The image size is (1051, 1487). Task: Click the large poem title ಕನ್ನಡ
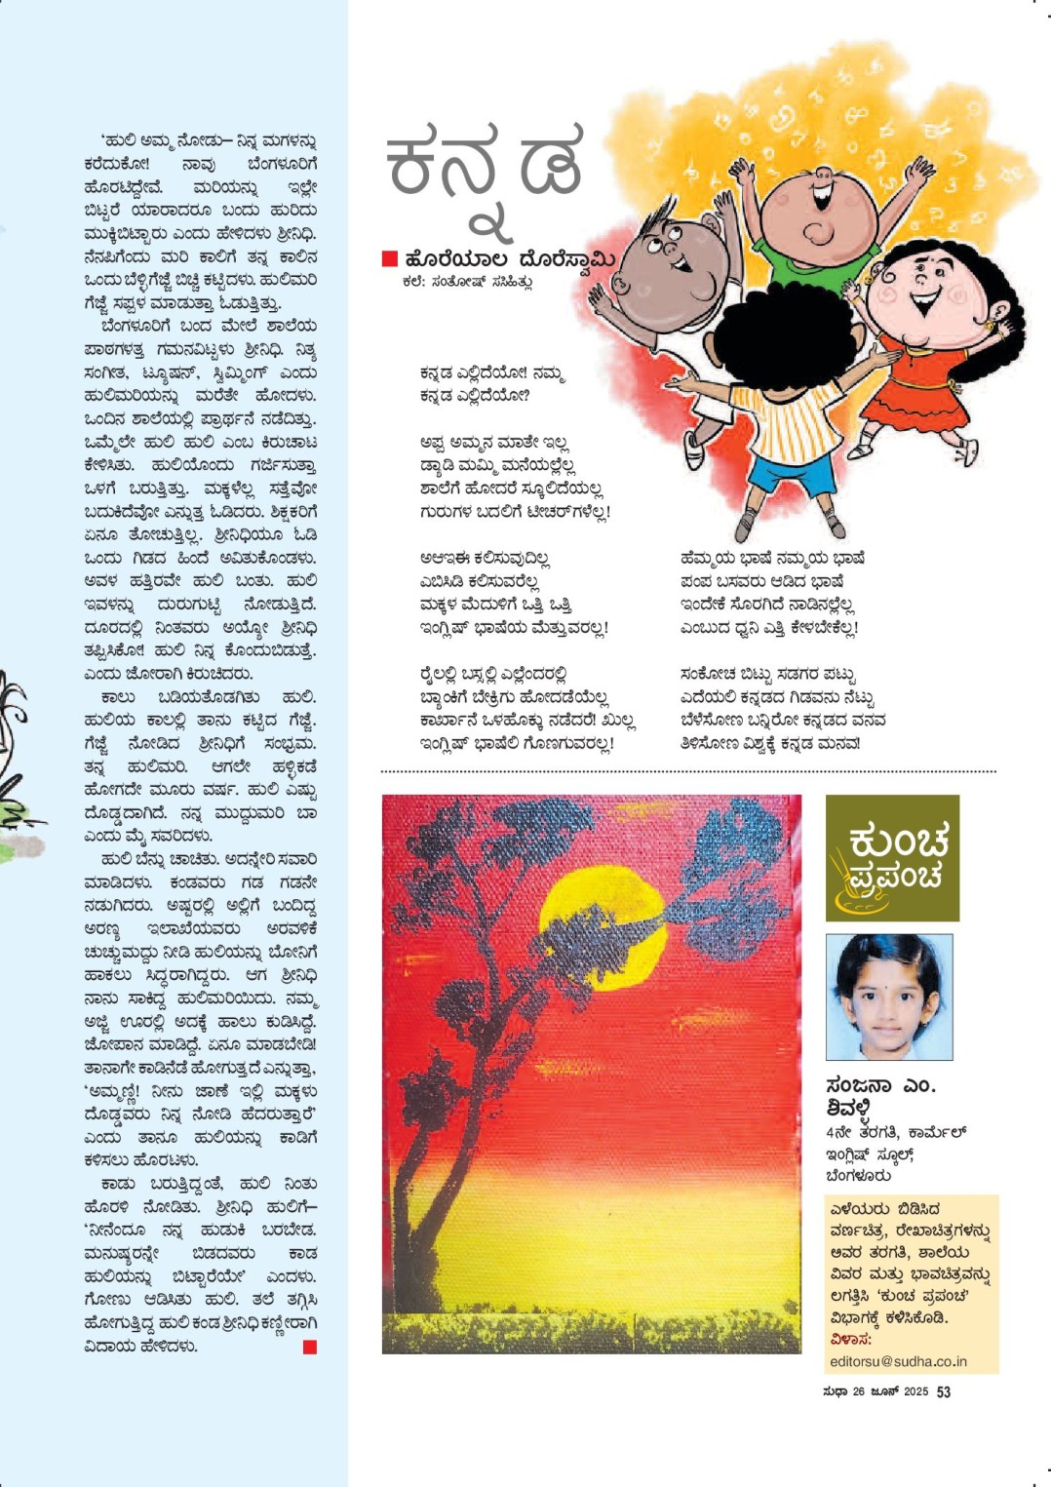485,166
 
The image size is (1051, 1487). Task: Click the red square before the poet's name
390,258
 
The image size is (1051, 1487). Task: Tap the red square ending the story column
310,1347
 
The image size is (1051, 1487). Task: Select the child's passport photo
888,997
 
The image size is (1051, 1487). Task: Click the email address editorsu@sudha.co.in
898,1361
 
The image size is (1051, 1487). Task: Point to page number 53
943,1391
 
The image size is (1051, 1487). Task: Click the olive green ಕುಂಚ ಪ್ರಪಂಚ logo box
892,857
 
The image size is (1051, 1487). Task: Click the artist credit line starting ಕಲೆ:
467,282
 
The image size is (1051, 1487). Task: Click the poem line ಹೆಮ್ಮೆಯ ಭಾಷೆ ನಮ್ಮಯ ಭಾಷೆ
772,559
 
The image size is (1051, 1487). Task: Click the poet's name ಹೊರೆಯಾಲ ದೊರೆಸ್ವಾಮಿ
510,259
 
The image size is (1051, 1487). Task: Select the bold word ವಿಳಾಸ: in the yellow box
849,1340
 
